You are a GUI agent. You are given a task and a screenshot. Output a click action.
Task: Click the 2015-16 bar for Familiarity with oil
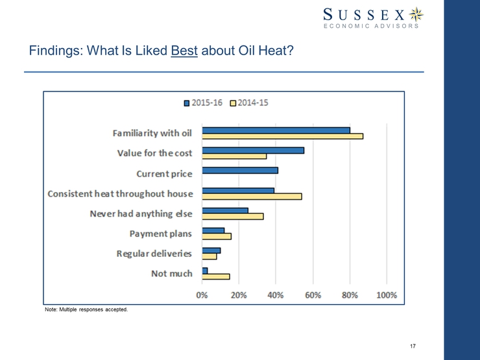(276, 130)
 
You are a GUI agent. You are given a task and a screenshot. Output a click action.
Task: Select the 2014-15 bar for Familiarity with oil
(283, 136)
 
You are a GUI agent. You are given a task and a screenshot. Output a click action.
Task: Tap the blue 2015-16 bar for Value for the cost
(253, 150)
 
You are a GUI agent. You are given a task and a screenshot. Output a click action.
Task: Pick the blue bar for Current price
(240, 171)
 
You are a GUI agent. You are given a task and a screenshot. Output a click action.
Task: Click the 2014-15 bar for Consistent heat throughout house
(252, 196)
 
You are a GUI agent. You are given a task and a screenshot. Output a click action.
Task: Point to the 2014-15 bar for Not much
(216, 276)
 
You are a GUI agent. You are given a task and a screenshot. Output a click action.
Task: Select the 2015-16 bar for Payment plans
(213, 230)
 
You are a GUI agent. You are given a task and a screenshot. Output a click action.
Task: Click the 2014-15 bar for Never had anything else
(233, 216)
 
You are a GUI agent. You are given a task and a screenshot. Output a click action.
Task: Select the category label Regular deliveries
(154, 254)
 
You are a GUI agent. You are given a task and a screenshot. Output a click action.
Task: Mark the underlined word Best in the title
(185, 50)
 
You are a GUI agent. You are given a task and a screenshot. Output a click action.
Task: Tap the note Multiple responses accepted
(86, 309)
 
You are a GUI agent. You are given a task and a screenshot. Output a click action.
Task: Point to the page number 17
(413, 344)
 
